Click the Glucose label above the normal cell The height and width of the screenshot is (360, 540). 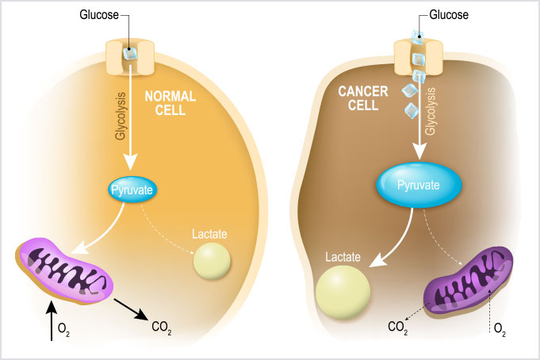(x=101, y=14)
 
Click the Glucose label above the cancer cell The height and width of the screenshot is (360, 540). (x=450, y=14)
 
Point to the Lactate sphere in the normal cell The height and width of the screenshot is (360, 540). (x=212, y=260)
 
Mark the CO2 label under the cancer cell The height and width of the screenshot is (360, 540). (x=397, y=326)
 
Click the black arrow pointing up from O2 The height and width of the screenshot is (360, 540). (x=52, y=321)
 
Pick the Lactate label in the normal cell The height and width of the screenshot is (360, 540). (x=210, y=233)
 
